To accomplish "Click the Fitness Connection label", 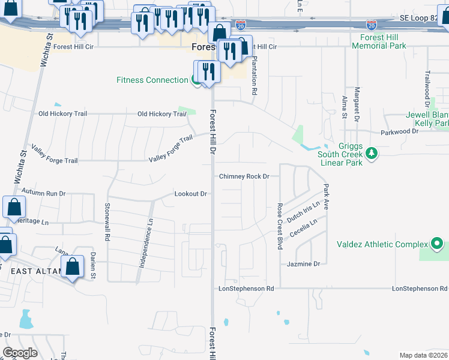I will [x=152, y=80].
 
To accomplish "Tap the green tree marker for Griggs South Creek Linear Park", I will [x=372, y=154].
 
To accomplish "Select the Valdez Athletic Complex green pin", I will [x=437, y=244].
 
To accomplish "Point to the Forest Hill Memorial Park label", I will [x=384, y=41].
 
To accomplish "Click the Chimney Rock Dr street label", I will [x=244, y=176].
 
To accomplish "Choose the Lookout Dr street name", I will [x=191, y=194].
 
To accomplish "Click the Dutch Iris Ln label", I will [x=303, y=212].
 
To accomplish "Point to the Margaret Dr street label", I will [x=357, y=103].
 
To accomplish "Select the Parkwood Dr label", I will [x=399, y=131].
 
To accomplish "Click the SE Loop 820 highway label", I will [x=420, y=18].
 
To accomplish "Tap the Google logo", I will [x=20, y=353].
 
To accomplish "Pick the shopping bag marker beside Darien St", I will [x=73, y=267].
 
